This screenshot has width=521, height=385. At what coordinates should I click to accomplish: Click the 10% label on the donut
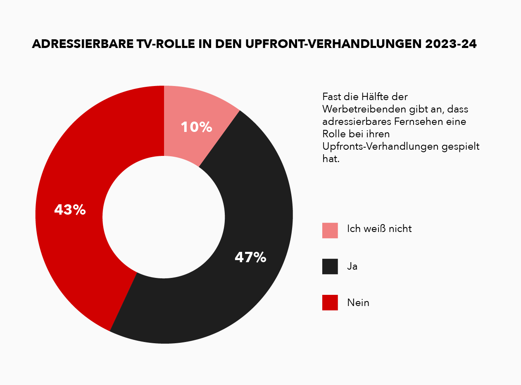[196, 127]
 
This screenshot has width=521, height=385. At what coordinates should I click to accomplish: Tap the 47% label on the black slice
[250, 257]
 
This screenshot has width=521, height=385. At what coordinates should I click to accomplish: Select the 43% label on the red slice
[70, 210]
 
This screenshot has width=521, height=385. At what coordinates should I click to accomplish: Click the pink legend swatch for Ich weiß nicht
[330, 230]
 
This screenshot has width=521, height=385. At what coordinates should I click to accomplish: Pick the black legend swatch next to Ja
[330, 266]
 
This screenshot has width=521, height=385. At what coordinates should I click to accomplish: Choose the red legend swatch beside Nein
[330, 302]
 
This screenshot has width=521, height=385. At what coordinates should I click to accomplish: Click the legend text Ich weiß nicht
[379, 228]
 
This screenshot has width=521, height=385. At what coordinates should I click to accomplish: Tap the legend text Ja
[352, 266]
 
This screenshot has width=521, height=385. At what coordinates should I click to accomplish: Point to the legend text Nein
[358, 303]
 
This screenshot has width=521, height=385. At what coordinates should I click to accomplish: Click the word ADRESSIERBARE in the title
[81, 45]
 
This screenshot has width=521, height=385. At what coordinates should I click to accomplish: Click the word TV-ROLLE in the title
[164, 45]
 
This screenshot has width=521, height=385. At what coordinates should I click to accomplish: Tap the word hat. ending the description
[331, 159]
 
